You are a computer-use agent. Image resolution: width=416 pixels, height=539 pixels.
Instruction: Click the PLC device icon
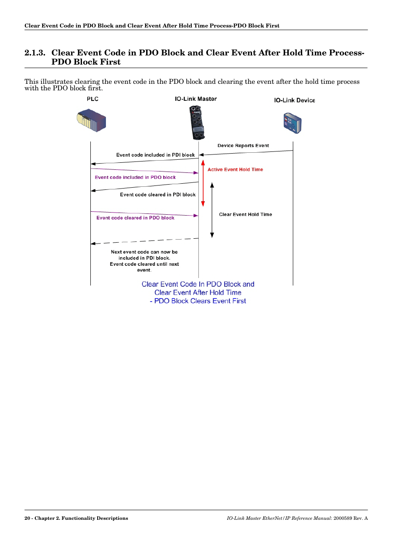(x=92, y=120)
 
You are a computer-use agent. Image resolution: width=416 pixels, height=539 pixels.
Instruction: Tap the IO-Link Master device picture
(x=197, y=123)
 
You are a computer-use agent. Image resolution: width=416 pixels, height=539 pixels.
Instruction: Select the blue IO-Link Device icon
(x=293, y=123)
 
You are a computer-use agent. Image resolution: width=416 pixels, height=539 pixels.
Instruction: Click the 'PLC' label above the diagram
(x=92, y=99)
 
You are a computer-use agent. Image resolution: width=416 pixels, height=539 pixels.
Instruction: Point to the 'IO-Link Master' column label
(x=196, y=99)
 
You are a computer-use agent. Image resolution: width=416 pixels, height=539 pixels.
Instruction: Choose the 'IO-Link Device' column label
(x=294, y=100)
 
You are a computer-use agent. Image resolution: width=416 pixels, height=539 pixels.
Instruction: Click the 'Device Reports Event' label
(x=243, y=146)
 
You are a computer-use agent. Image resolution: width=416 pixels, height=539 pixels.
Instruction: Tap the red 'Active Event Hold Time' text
(x=235, y=170)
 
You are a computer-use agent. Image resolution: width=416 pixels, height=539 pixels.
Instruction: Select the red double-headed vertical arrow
(x=203, y=183)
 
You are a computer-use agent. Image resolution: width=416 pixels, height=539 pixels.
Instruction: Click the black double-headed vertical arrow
(x=212, y=210)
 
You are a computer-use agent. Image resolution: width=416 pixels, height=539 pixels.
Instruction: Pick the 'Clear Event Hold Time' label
(x=245, y=215)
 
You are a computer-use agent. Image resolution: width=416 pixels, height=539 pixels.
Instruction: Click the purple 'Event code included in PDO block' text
(x=135, y=178)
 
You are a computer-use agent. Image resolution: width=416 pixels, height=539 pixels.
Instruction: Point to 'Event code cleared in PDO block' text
(x=135, y=218)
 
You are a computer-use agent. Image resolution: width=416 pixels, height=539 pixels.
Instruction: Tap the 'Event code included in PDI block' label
(x=155, y=155)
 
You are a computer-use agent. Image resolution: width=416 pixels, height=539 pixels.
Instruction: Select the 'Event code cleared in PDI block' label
(x=157, y=195)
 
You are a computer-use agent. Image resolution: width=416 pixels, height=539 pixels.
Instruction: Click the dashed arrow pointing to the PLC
(x=144, y=241)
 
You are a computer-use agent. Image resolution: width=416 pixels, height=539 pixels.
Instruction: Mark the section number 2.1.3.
(x=35, y=53)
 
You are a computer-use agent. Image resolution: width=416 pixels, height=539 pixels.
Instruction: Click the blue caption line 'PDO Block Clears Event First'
(x=200, y=301)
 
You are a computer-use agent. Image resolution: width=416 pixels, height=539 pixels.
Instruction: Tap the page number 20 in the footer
(x=27, y=518)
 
